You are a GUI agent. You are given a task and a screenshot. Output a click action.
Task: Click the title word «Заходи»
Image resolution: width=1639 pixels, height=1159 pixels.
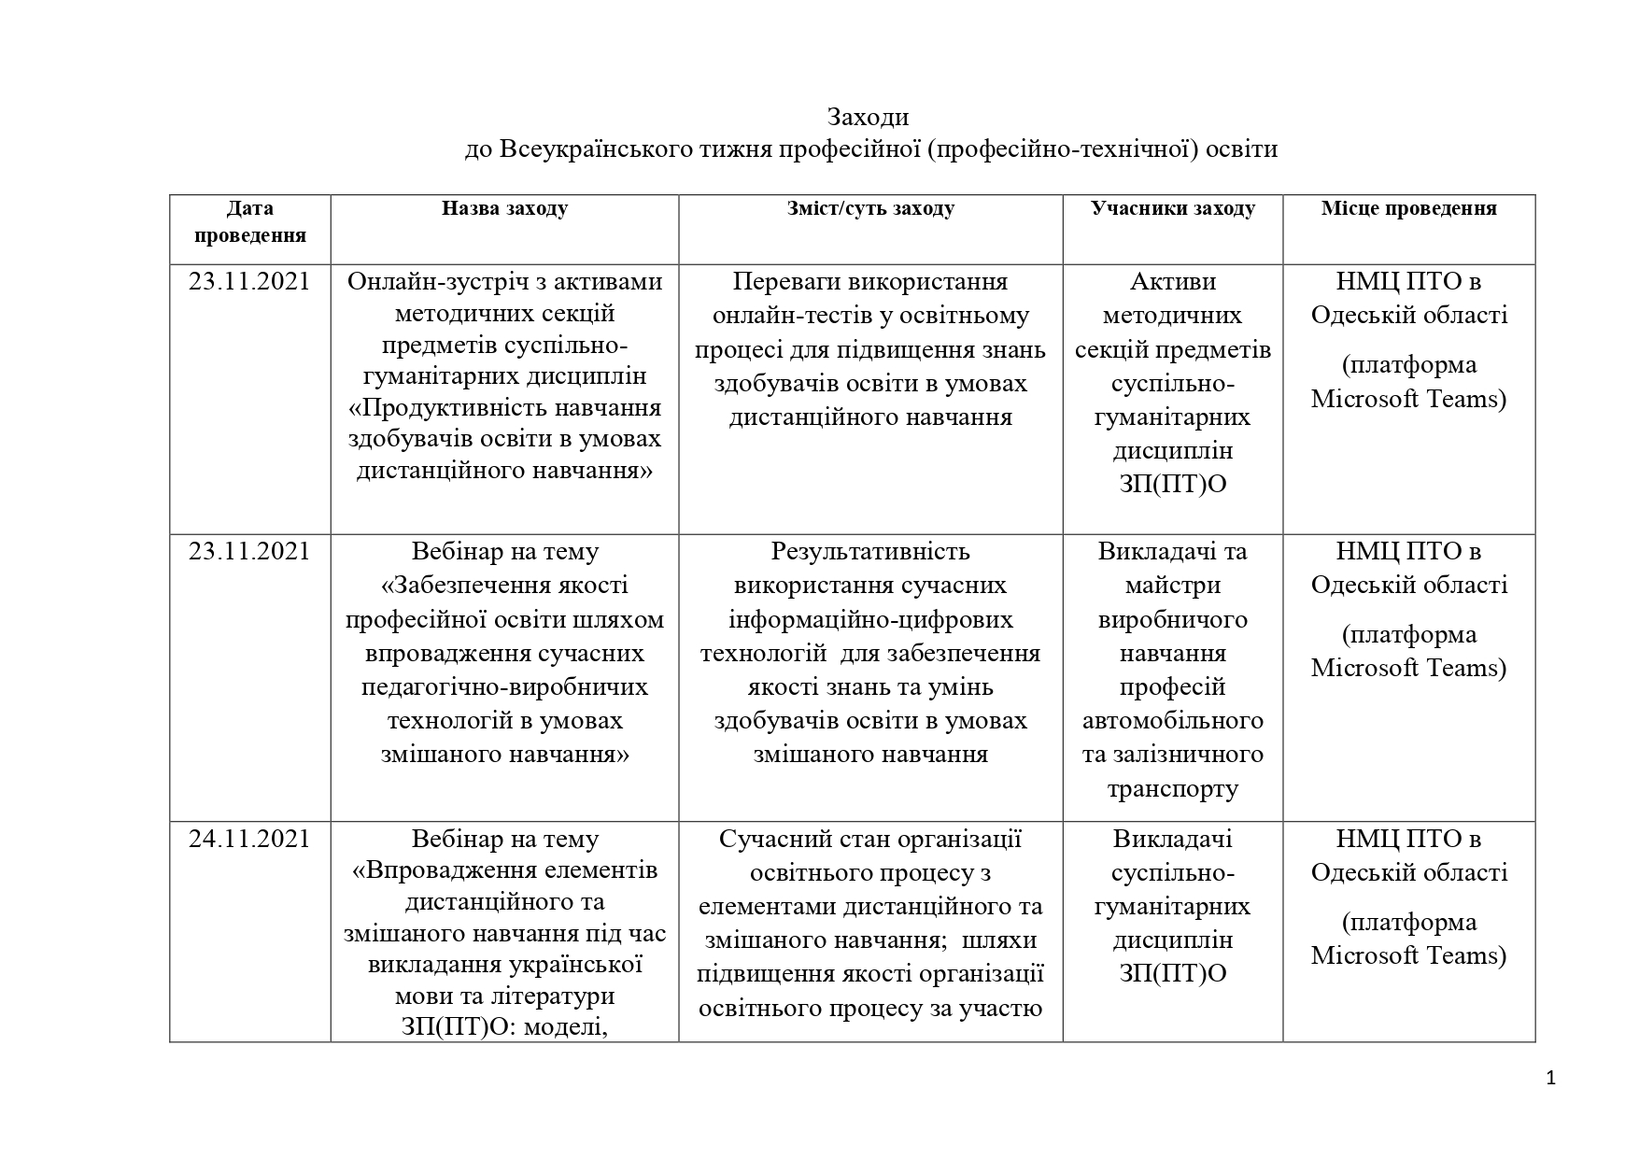tap(867, 118)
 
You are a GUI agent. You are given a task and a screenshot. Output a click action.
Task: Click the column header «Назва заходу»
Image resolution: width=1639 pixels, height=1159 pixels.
tap(504, 208)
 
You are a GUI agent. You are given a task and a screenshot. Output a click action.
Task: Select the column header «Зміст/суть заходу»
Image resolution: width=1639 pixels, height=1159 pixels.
tap(870, 208)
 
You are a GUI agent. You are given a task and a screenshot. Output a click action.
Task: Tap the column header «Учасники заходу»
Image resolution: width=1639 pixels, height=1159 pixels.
tap(1172, 208)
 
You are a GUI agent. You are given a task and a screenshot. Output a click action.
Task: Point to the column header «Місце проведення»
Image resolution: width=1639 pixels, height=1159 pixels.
tap(1408, 208)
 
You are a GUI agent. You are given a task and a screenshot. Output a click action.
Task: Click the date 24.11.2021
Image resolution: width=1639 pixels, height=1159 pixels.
tap(249, 839)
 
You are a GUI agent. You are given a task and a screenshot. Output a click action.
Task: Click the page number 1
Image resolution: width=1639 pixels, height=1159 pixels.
tap(1551, 1079)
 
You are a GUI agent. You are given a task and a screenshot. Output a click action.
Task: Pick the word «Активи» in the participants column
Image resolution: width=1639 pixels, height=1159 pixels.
tap(1172, 281)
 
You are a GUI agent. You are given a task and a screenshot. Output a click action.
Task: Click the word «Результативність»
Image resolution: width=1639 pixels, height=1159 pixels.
tap(870, 551)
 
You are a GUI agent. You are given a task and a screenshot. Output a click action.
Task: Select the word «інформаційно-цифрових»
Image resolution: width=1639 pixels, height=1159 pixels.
tap(870, 619)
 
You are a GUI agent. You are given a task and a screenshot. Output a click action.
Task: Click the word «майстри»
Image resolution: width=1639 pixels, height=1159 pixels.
tap(1172, 585)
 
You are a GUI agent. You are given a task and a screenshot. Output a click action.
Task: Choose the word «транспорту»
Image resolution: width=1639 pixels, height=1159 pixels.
tap(1172, 788)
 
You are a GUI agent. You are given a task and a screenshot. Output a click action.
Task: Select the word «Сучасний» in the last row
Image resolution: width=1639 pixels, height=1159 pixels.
tap(770, 839)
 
